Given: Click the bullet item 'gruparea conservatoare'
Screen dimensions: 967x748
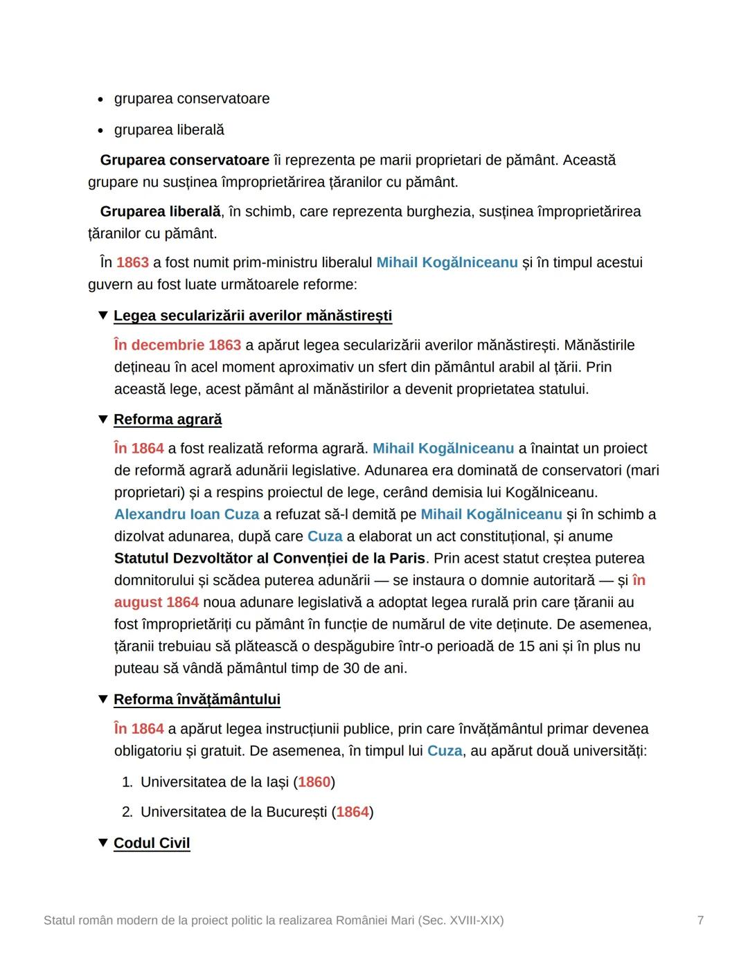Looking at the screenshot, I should point(192,99).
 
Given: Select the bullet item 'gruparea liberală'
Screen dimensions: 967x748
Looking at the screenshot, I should point(169,130).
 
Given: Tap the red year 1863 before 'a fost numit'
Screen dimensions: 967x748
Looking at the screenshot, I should point(132,263).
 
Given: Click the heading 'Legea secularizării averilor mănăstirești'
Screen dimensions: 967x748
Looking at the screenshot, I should point(253,316).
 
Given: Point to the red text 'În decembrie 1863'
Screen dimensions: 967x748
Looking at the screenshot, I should point(177,345).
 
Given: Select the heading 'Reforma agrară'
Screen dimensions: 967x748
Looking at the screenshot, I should point(168,419).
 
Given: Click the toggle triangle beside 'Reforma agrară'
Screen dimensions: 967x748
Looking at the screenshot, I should point(103,419).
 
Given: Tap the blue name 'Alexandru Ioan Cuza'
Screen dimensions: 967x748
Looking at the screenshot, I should point(186,514).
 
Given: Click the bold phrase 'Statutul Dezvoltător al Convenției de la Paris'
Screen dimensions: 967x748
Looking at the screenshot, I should point(269,559).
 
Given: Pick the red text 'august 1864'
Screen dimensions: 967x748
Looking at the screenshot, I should point(157,602).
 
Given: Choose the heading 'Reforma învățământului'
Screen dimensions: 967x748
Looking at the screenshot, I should point(197,700).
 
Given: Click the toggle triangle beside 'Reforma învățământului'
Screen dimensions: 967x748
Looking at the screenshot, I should point(103,700).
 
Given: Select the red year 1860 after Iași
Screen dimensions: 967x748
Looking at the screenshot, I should point(314,782).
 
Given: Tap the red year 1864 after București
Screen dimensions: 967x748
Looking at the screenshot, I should point(353,812).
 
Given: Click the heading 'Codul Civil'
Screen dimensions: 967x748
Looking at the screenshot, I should point(152,843).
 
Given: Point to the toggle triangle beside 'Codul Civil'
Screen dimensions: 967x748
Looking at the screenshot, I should point(103,843).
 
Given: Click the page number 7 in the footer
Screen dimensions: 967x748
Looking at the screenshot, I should point(700,921).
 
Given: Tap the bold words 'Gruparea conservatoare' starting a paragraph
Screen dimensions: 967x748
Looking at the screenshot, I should point(184,161).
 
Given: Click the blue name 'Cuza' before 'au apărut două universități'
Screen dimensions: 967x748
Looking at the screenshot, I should point(445,751).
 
